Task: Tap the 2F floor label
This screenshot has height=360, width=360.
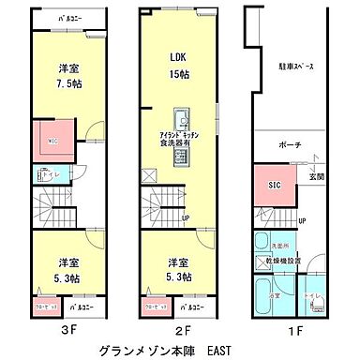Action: (183, 330)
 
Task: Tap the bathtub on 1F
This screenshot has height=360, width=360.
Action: (265, 289)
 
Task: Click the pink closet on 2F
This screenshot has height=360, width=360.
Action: (154, 306)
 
